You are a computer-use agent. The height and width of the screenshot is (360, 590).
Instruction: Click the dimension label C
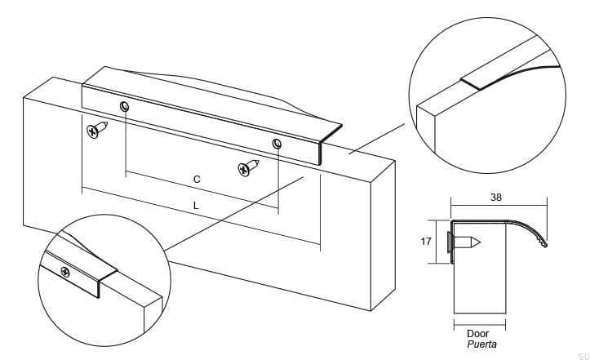[x=197, y=178]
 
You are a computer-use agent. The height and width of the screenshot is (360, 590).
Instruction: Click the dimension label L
[x=196, y=206]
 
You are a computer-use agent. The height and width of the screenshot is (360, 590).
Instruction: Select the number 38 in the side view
[x=496, y=197]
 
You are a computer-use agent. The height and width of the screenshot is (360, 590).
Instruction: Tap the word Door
[x=478, y=334]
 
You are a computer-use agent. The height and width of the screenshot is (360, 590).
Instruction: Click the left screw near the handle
[x=97, y=129]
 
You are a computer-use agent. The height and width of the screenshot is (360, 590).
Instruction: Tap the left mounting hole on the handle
[x=125, y=107]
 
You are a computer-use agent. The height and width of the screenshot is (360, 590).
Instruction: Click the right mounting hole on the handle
[x=277, y=144]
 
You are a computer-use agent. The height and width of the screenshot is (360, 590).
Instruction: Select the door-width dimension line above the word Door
[x=479, y=324]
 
